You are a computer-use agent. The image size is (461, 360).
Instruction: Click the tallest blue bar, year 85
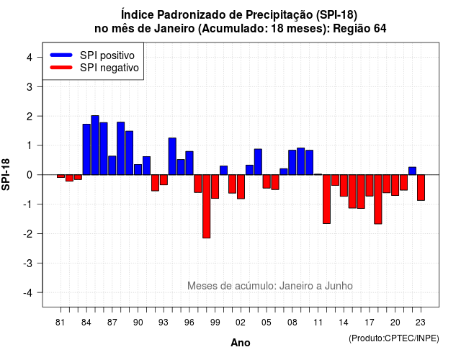point(95,145)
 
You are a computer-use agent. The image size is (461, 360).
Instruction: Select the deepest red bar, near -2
point(207,207)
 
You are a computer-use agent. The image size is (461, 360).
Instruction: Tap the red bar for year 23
point(421,187)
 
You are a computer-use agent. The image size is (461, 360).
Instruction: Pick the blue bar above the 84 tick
point(86,149)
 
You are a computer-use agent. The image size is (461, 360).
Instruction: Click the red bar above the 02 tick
point(241,187)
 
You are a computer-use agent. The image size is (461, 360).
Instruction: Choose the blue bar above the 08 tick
point(292,163)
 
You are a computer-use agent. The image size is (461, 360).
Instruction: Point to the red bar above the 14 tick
point(344,186)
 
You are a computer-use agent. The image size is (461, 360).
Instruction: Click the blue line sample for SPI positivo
point(61,55)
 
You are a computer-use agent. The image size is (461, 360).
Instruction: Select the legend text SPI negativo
point(109,68)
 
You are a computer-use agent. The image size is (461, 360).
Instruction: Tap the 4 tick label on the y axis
point(30,58)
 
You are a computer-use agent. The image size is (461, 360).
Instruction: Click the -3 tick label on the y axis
point(27,263)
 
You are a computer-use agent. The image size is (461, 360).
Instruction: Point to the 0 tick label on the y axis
point(30,175)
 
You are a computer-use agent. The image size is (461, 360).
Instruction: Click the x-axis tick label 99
point(215,323)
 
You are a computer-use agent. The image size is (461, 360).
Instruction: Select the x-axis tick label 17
point(370,323)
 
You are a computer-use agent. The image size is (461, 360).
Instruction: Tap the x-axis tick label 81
point(60,323)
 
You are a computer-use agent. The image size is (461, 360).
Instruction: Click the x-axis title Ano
point(241,343)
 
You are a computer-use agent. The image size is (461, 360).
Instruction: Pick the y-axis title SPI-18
point(6,174)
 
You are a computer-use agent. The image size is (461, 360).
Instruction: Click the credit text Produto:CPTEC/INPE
point(394,338)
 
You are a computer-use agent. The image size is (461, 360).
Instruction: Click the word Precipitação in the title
point(279,14)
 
